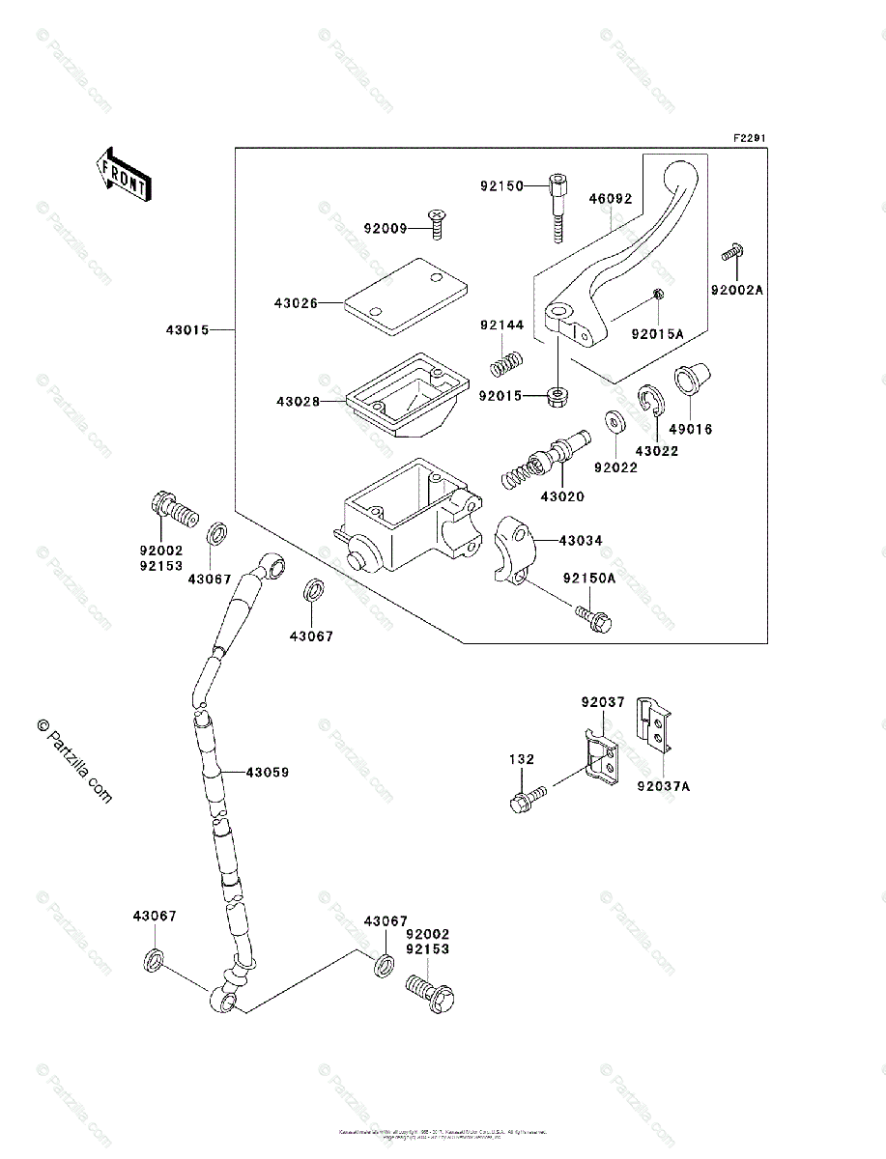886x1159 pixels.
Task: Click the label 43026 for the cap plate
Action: (296, 303)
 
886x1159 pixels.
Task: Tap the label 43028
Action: (296, 401)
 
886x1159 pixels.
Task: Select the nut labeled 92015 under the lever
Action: (558, 395)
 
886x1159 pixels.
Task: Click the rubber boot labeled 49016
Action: (690, 377)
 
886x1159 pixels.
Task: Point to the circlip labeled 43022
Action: (647, 404)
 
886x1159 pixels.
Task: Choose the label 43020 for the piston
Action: (562, 496)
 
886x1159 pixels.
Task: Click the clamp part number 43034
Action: (580, 541)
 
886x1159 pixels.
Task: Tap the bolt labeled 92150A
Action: (592, 618)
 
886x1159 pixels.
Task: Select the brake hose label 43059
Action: (267, 773)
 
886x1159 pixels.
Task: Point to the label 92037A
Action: (663, 786)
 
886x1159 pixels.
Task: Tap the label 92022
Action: (614, 466)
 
